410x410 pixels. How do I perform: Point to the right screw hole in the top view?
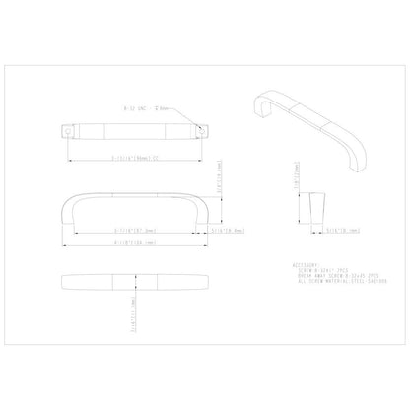[207, 129]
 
